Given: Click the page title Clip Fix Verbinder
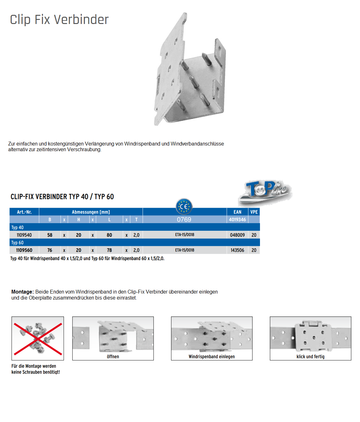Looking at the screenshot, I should point(59,20).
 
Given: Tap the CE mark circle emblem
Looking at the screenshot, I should point(184,207).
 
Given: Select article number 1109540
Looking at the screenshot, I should point(24,235).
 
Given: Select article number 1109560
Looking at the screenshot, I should point(24,250).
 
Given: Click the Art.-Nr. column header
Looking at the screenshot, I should point(24,212).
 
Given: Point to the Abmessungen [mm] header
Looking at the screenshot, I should point(91,212).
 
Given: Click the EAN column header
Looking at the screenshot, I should point(237,212).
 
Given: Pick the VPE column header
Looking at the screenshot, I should point(254,212).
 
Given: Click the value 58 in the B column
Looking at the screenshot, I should point(50,235).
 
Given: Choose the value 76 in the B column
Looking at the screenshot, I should point(50,250).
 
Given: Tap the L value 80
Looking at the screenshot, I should point(109,235).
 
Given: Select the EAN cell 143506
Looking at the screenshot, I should point(237,250).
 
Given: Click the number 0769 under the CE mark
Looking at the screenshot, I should point(184,220).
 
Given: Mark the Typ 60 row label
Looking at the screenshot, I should point(17,243).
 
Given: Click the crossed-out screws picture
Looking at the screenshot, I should point(38,338).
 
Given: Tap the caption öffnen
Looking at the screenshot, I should point(113,357).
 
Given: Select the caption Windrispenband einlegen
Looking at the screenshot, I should point(212,357).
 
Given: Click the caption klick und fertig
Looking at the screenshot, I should point(310,357).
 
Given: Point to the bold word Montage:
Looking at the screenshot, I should point(22,292).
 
